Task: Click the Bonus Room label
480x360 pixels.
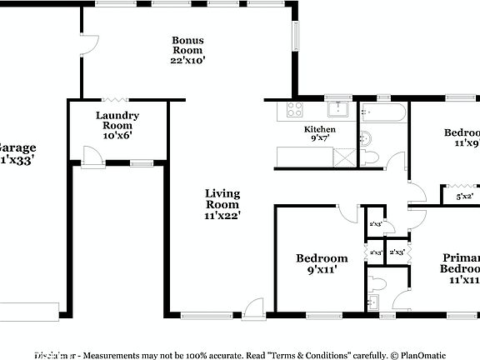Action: (187, 50)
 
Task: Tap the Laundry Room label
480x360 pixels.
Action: (117, 125)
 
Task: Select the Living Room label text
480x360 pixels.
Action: (222, 204)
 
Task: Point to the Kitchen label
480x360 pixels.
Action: (319, 134)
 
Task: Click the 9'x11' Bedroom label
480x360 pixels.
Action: (322, 264)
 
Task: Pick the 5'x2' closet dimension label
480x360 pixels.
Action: (465, 197)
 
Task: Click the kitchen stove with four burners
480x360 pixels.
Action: (296, 109)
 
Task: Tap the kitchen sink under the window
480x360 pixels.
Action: (337, 109)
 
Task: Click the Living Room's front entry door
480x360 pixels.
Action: (255, 307)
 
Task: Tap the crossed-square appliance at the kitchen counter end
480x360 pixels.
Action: (342, 156)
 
